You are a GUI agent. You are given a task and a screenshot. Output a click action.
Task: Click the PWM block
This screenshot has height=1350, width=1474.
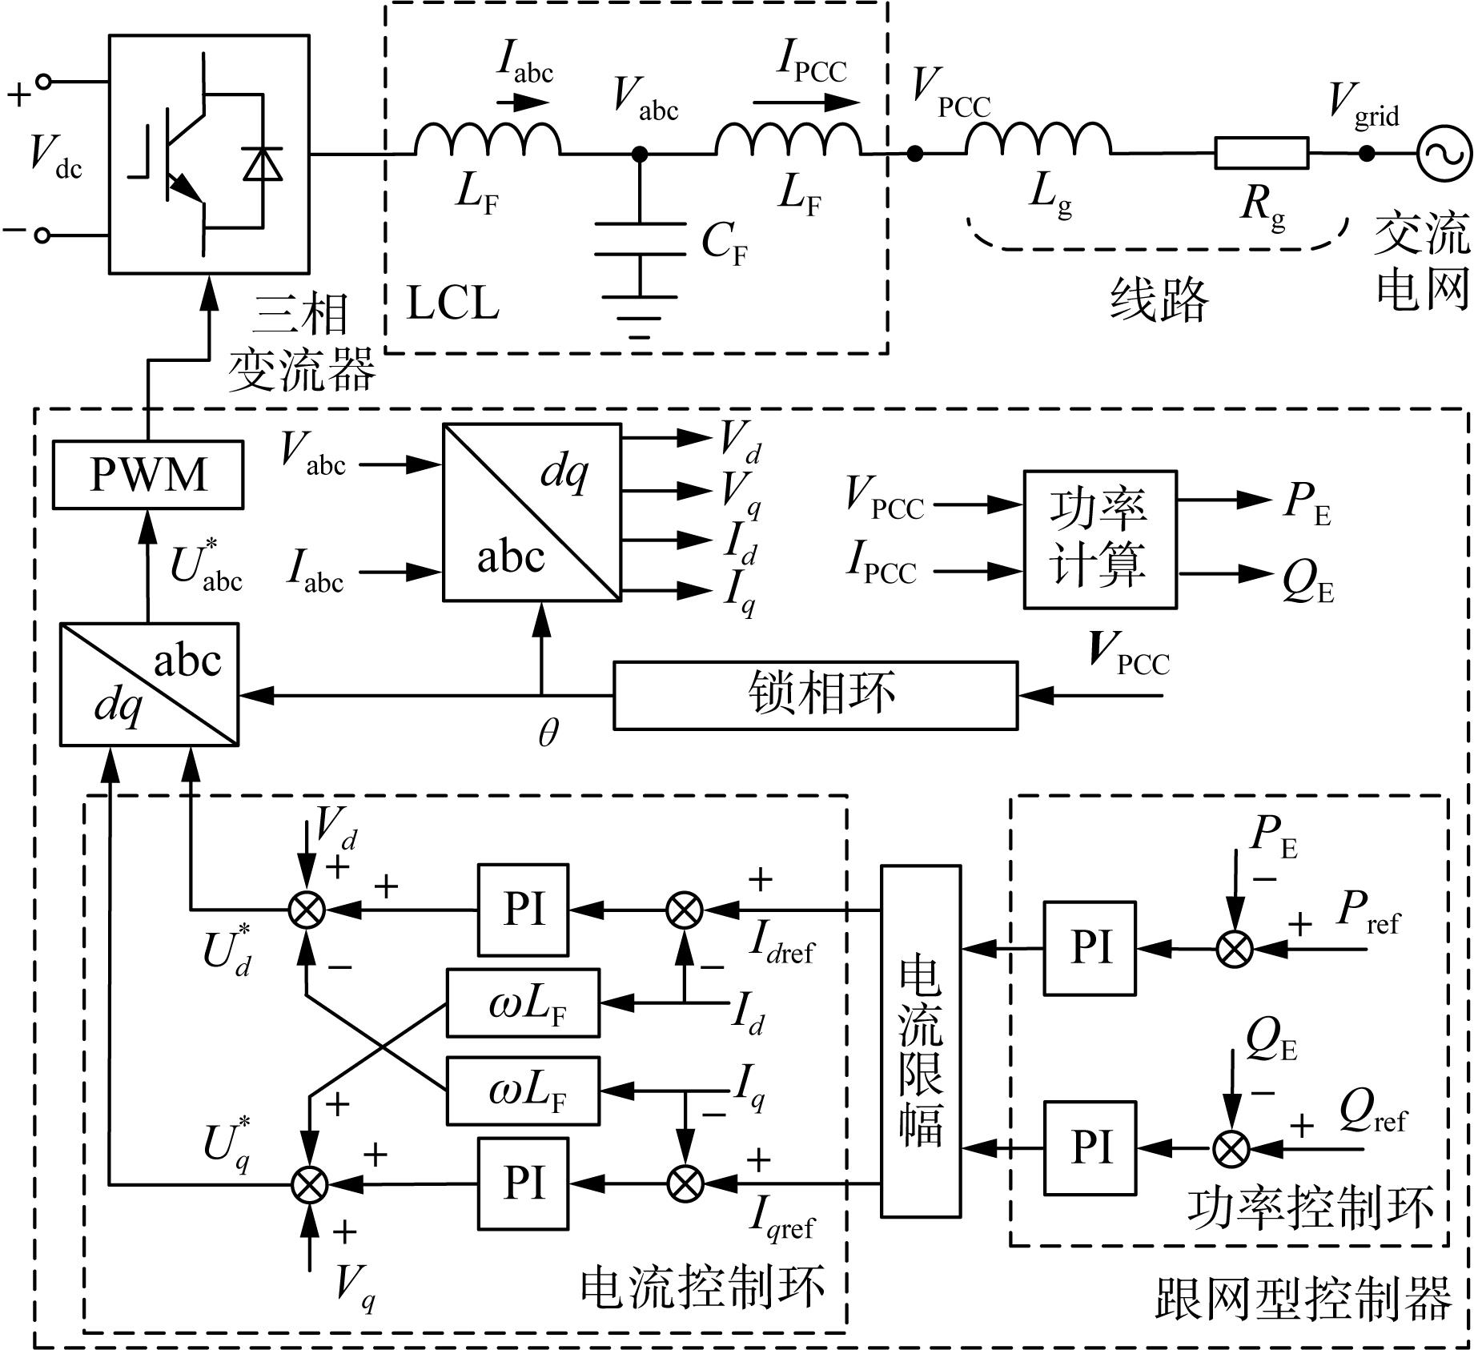coord(148,474)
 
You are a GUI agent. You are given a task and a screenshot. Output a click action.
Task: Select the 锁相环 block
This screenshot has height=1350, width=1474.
coord(816,695)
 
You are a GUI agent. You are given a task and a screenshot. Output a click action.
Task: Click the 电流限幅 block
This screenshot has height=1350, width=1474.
coord(921,1041)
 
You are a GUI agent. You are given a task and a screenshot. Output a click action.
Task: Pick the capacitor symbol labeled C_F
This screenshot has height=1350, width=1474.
coord(640,239)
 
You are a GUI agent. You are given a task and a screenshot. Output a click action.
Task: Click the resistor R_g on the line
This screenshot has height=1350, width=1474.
coord(1262,153)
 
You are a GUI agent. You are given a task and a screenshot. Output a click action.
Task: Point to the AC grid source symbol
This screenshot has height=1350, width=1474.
coord(1444,153)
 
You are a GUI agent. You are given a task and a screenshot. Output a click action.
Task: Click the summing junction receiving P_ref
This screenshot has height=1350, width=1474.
coord(1235,950)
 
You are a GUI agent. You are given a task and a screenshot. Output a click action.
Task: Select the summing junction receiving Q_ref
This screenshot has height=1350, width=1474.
coord(1232,1150)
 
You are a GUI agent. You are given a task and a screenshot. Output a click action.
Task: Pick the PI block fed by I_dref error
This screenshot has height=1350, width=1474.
coord(524,910)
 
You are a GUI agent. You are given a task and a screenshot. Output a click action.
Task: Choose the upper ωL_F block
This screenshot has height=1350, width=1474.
coord(523,1003)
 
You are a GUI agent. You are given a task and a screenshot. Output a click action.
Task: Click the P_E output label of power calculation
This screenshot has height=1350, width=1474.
coord(1307,504)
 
